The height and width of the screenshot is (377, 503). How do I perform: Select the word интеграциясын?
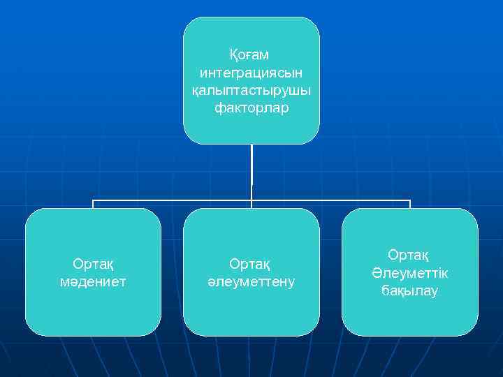point(251,73)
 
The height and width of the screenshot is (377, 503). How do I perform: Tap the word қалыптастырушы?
point(251,91)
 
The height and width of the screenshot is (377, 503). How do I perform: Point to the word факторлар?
point(251,109)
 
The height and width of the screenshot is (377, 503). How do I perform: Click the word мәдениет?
point(94,282)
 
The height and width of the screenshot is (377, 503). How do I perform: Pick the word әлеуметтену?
point(251,282)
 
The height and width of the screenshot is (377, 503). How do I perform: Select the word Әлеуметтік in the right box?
point(409,273)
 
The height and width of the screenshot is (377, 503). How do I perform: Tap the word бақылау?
point(409,291)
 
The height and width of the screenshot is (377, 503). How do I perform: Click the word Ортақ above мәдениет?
point(94,264)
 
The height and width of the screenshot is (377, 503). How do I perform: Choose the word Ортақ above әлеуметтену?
point(251,264)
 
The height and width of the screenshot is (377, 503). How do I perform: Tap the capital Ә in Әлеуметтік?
point(378,273)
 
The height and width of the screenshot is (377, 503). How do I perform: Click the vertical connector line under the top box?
point(251,171)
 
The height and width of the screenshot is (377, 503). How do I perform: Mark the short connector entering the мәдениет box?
point(94,204)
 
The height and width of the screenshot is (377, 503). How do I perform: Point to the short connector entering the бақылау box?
point(409,204)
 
